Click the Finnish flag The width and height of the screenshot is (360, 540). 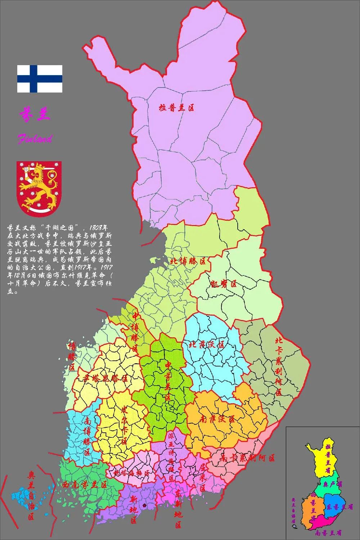coord(40,79)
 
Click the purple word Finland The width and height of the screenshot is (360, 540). coord(35,139)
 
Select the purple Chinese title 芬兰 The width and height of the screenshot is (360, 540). coord(34,114)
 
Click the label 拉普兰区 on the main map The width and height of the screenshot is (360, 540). coord(177,107)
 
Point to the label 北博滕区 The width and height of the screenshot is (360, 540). coord(188,261)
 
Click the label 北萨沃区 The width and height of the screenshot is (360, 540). coord(207,345)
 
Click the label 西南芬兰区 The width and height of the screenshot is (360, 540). coord(85,485)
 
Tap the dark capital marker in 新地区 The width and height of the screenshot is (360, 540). coord(144,505)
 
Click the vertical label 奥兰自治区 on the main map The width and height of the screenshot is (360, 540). coord(31,496)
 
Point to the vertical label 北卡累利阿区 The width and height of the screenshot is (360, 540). coord(279,366)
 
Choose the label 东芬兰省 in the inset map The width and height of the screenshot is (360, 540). coord(339,507)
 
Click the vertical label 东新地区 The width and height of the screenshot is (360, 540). coord(178,508)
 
